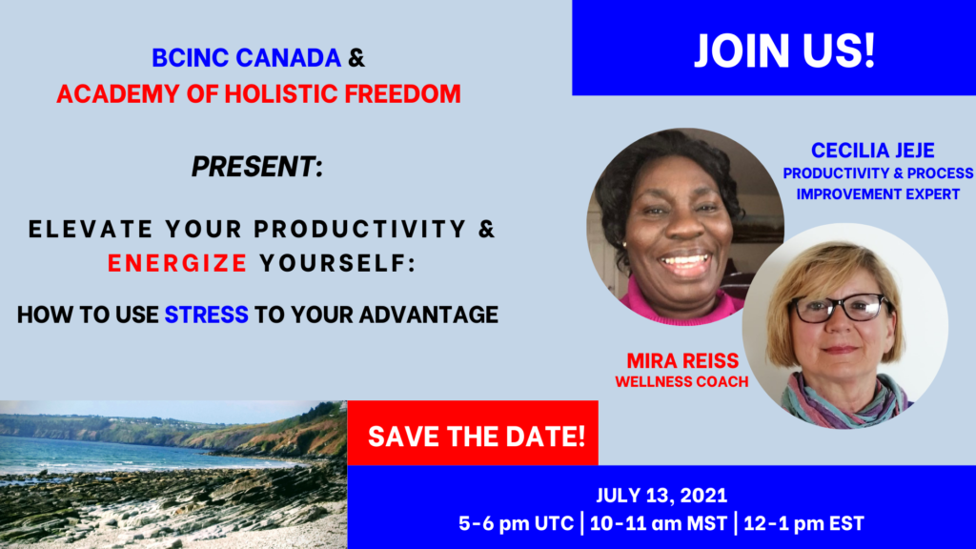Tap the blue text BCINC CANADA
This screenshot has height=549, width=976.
[x=247, y=58]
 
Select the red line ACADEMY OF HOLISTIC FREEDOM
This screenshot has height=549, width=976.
[x=259, y=94]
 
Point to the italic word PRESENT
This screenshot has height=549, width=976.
[x=254, y=167]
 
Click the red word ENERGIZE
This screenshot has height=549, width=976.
[x=177, y=263]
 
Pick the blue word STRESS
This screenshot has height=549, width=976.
[x=207, y=315]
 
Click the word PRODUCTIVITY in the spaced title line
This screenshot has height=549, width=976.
[x=359, y=229]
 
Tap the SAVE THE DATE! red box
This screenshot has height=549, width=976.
[x=473, y=434]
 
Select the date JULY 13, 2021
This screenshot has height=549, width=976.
[x=661, y=496]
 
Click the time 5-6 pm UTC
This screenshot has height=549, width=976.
[x=516, y=523]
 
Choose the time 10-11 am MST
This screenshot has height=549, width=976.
[x=658, y=523]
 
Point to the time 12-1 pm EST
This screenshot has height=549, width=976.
[x=803, y=523]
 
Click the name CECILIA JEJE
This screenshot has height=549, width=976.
[x=873, y=151]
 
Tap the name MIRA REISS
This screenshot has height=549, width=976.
[x=682, y=361]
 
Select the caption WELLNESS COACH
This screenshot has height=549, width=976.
[x=681, y=381]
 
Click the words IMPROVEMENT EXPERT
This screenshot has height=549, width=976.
[x=878, y=194]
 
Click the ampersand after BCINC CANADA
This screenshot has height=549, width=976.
[x=356, y=58]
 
